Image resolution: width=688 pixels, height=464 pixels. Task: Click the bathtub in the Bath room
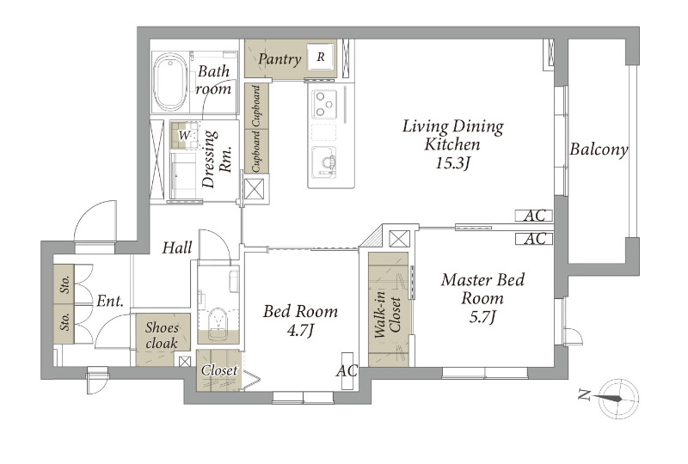coord(171,82)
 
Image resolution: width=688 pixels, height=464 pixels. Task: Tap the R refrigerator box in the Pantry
coord(321,57)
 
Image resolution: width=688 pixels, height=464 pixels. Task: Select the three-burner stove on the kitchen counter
coord(325,103)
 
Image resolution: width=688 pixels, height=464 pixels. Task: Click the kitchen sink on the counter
coord(324,162)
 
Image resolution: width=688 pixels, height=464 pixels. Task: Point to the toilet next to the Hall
coord(218,322)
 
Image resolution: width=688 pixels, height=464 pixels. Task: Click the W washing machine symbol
coord(184,136)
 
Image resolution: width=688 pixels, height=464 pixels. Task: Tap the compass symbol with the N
coord(618,398)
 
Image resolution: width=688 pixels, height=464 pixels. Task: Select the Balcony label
coord(599,150)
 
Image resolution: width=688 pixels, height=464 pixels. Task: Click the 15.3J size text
coord(453,163)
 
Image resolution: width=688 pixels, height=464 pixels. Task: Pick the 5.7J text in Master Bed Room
coord(482,317)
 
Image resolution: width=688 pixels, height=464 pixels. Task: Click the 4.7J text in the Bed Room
coord(300,331)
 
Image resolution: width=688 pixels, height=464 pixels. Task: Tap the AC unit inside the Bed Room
coord(347,370)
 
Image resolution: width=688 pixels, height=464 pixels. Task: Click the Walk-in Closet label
coord(388,314)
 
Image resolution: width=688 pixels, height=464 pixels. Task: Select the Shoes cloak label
coord(163,335)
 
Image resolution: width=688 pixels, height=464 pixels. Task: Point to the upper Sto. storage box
coord(64,284)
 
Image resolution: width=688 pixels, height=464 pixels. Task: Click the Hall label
coord(177,247)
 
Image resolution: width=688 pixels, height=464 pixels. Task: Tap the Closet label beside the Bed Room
coord(219,370)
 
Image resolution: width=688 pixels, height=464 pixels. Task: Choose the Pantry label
coord(280,58)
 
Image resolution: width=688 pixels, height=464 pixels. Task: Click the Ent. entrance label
coord(110,302)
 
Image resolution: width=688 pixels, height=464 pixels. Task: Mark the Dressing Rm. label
coord(217,159)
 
